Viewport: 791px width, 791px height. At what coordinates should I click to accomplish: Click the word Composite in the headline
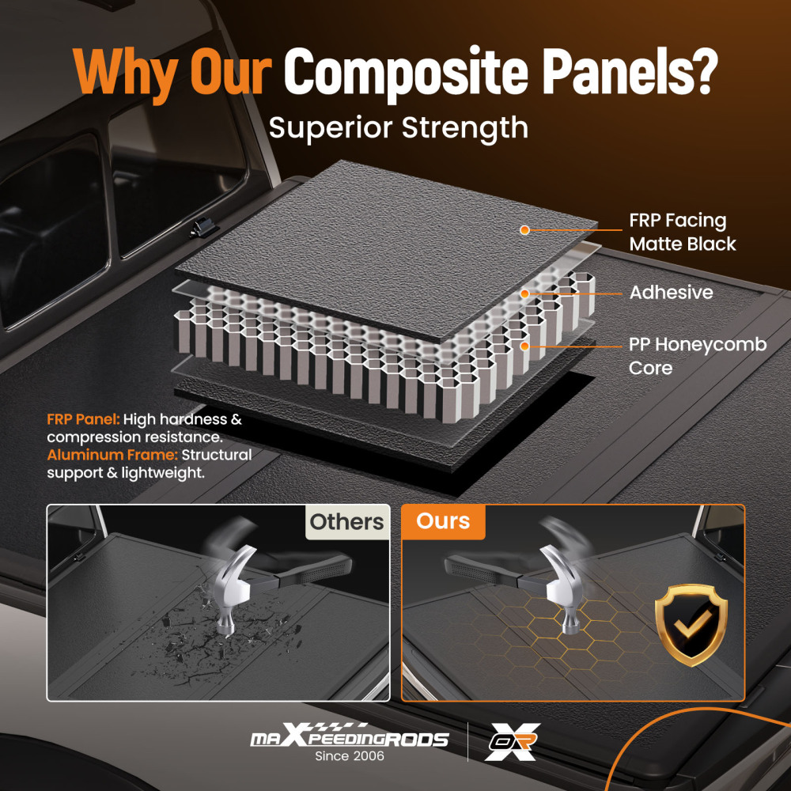pyautogui.click(x=400, y=73)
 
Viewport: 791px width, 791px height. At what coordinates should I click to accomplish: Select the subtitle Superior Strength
pyautogui.click(x=399, y=127)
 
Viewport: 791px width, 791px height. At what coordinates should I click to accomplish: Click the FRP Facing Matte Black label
pyautogui.click(x=682, y=232)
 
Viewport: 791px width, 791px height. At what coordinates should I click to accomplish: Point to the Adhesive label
pyautogui.click(x=671, y=293)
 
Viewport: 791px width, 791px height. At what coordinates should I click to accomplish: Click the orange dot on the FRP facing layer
pyautogui.click(x=524, y=230)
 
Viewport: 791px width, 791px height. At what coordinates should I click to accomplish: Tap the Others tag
pyautogui.click(x=346, y=522)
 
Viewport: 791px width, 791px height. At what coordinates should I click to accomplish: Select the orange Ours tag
pyautogui.click(x=443, y=522)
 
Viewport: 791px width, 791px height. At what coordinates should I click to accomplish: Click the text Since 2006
pyautogui.click(x=349, y=757)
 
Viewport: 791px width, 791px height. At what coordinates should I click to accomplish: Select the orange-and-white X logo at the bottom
pyautogui.click(x=512, y=741)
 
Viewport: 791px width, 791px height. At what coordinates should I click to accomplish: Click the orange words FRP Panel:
pyautogui.click(x=83, y=419)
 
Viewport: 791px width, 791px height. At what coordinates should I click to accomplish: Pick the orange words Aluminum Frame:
pyautogui.click(x=113, y=456)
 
